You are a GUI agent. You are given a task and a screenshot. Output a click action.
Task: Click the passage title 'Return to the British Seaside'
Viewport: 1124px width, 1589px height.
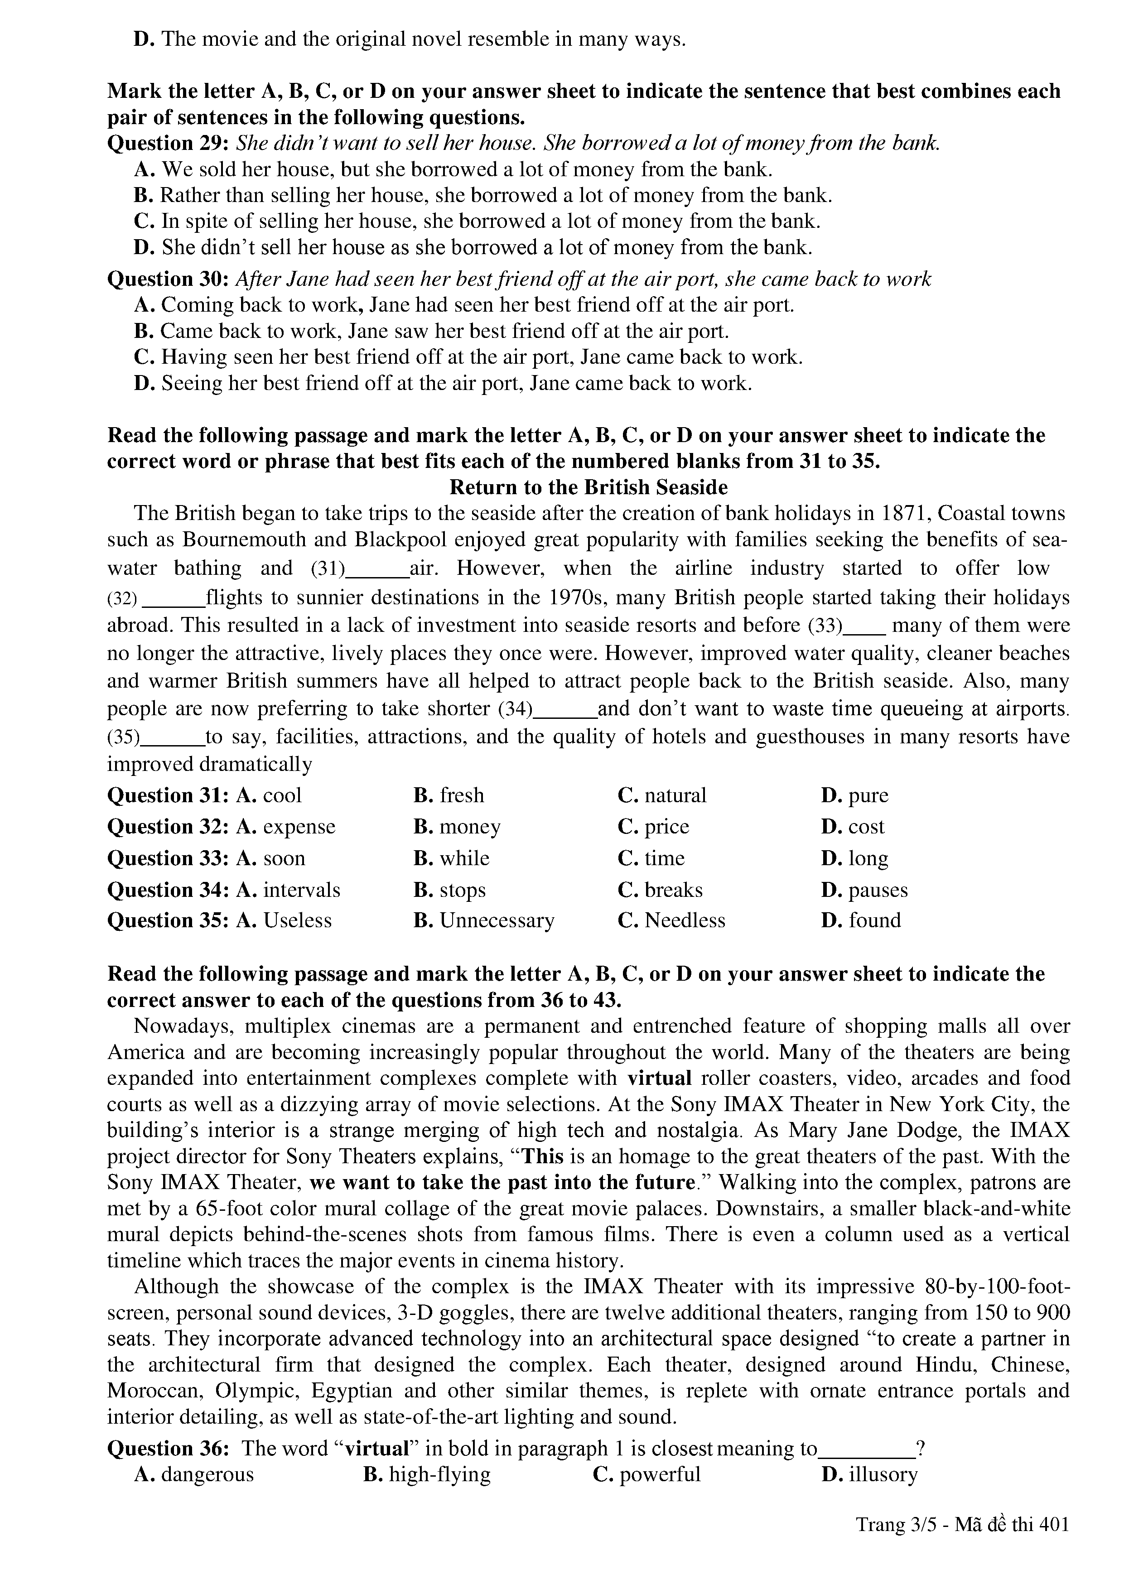point(589,487)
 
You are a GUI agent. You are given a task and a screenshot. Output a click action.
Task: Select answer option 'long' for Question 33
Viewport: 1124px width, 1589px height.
point(868,858)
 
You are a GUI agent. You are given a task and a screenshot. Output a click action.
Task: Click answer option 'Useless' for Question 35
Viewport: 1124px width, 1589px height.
point(297,920)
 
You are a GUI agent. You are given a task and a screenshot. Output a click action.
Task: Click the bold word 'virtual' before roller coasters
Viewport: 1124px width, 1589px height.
point(660,1078)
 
